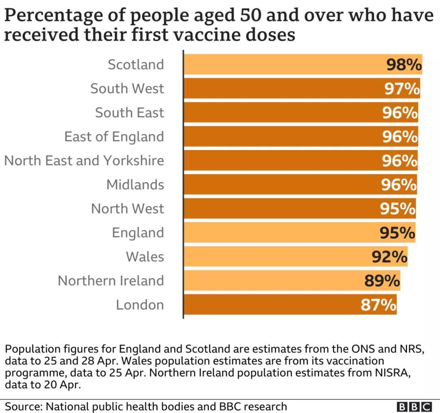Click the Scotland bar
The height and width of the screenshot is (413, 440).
(285, 64)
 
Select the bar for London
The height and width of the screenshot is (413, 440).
(277, 305)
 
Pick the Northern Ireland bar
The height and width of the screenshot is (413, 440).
(277, 281)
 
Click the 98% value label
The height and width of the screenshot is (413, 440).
(404, 65)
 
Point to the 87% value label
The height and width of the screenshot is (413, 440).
(378, 305)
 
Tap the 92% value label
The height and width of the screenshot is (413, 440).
(389, 257)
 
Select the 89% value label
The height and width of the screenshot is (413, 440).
(382, 281)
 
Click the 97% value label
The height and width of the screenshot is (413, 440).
(402, 89)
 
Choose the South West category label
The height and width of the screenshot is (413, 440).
(127, 88)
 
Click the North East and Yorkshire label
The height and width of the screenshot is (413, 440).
(84, 161)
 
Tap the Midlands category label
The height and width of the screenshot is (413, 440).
(135, 185)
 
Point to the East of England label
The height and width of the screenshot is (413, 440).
(114, 137)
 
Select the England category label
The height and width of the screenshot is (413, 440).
(138, 233)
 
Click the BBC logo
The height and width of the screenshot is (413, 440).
(414, 406)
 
